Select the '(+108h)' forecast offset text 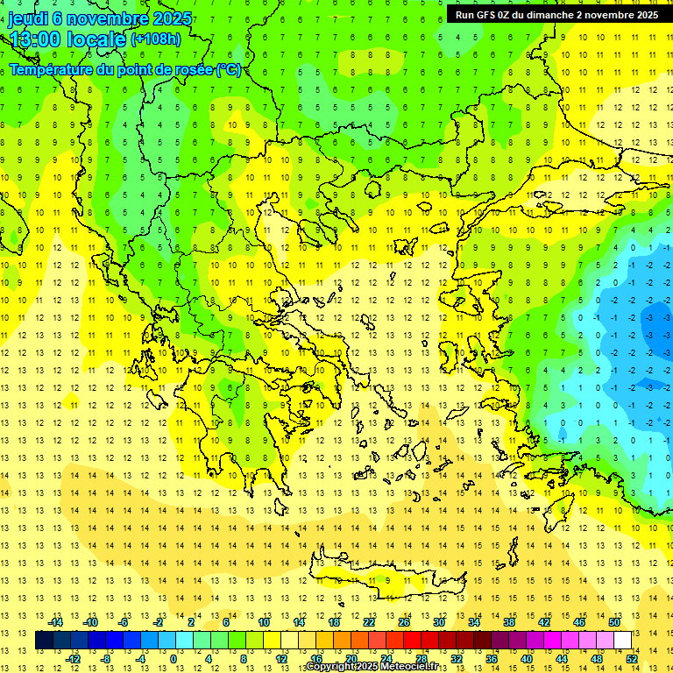[155, 39]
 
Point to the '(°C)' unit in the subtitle [228, 69]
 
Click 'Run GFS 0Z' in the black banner [485, 15]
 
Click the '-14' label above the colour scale [57, 622]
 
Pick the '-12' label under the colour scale [74, 658]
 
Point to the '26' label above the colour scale [404, 622]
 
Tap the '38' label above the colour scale [509, 622]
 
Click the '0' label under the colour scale [174, 658]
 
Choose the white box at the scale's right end [622, 640]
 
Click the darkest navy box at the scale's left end [44, 640]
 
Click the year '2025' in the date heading [172, 18]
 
